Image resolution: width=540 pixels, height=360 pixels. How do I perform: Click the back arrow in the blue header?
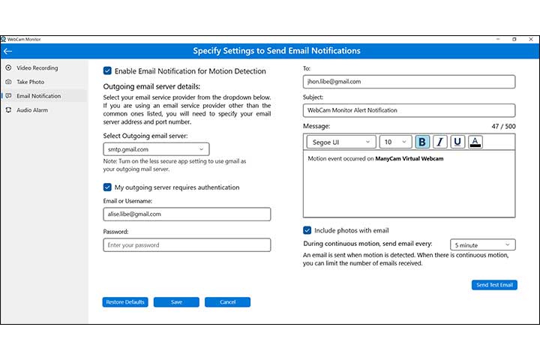(x=7, y=51)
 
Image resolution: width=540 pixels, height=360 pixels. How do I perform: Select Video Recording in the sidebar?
(x=37, y=67)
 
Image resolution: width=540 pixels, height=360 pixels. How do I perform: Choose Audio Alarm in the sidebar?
(x=33, y=110)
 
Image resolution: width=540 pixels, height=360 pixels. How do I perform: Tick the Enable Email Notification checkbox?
(x=107, y=71)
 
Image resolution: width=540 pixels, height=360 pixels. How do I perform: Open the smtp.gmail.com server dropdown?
(x=156, y=149)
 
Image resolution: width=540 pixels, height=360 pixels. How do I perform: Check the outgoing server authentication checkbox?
(x=107, y=187)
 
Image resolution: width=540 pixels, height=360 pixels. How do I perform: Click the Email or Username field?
(x=187, y=214)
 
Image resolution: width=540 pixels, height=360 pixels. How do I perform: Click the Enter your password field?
(x=187, y=244)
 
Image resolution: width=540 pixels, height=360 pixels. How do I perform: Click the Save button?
(x=176, y=302)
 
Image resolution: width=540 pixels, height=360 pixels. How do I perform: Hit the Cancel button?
(x=227, y=302)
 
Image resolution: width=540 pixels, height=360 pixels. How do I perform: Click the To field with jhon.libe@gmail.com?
(x=409, y=81)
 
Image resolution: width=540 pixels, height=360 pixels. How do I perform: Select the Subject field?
(x=409, y=110)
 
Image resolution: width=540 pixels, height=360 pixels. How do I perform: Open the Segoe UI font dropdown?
(x=340, y=142)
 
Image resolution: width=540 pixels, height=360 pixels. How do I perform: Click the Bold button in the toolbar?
(x=422, y=142)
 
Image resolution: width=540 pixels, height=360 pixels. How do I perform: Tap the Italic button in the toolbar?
(x=439, y=142)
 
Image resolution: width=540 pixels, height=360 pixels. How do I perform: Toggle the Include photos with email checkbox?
(x=307, y=230)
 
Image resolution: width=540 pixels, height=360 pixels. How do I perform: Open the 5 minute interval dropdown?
(x=482, y=244)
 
